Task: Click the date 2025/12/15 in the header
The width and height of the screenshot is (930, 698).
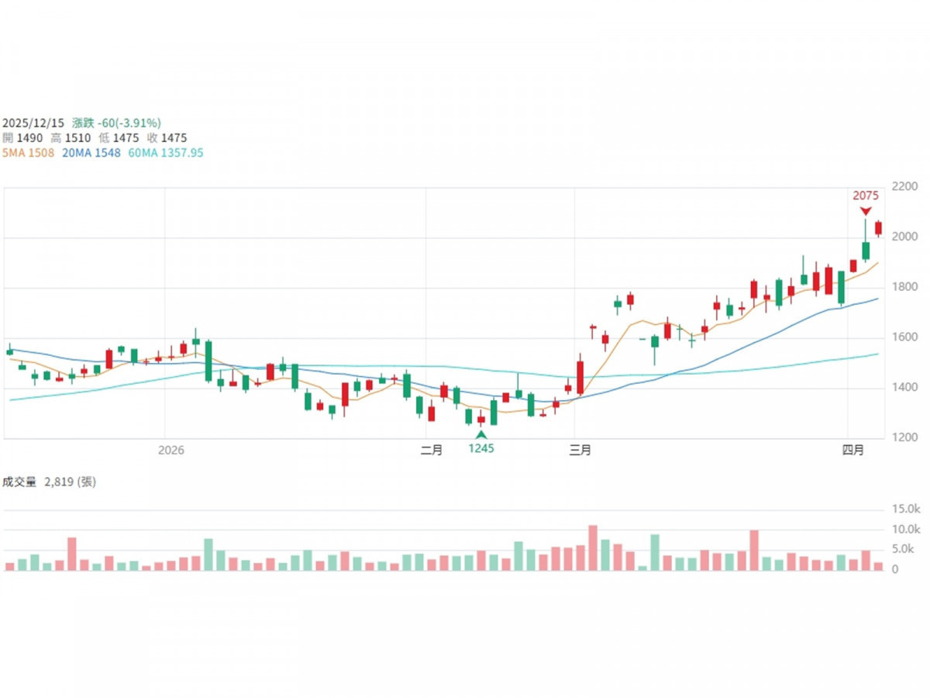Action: point(33,123)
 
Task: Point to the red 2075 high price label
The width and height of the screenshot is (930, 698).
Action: point(866,196)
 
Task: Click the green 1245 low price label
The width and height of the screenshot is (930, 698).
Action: point(481,448)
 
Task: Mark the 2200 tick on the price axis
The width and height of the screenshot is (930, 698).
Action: point(905,187)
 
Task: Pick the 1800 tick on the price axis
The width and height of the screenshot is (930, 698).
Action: point(905,288)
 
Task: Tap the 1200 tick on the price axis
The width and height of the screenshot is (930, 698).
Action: point(905,438)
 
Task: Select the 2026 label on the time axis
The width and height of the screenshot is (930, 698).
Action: point(171,451)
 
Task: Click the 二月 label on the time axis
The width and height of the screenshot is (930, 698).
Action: point(431,451)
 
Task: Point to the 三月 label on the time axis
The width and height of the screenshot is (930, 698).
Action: point(580,451)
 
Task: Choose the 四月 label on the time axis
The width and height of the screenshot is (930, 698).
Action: point(853,451)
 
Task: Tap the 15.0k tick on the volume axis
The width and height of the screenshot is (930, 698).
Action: point(905,510)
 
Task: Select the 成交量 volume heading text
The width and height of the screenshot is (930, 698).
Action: point(20,482)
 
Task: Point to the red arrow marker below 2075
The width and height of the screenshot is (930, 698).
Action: point(866,211)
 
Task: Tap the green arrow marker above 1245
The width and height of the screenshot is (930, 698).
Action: point(481,434)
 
